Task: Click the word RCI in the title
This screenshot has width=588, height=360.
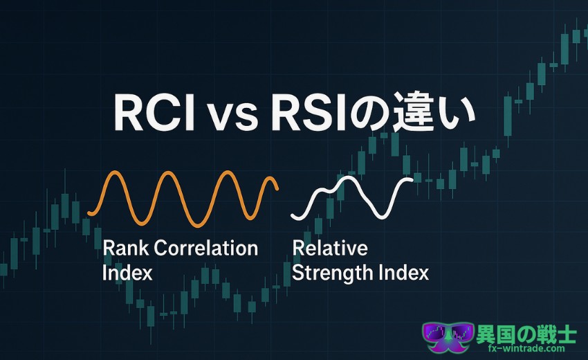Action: click(154, 114)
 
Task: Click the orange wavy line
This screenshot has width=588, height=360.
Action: click(183, 199)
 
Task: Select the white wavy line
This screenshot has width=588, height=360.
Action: click(351, 197)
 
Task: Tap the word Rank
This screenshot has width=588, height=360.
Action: click(126, 248)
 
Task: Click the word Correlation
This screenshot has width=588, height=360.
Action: click(206, 248)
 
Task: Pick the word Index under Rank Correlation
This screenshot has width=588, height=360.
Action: click(127, 273)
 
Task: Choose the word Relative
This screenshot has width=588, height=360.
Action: click(330, 248)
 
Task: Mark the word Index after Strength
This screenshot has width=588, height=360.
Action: click(403, 273)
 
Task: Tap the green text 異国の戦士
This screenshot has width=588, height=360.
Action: click(526, 334)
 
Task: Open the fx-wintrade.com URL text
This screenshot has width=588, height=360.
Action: click(526, 348)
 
